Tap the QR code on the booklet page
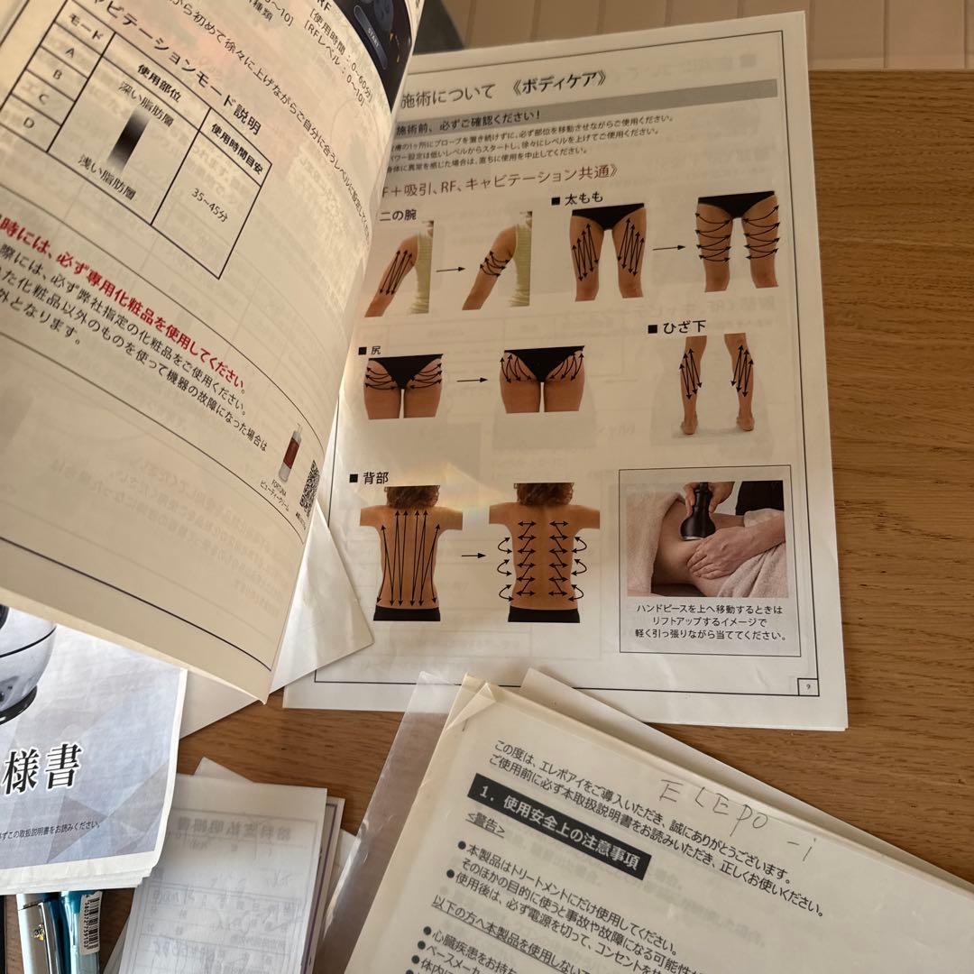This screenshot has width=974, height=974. click(x=308, y=488)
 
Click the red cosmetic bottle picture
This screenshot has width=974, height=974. click(x=289, y=454)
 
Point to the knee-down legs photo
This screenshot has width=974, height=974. click(x=716, y=383)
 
